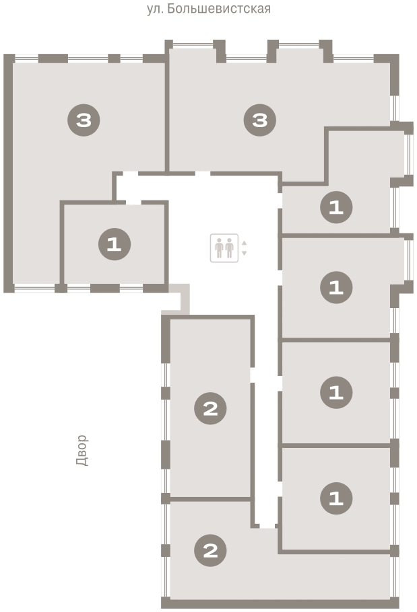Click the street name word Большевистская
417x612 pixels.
219,9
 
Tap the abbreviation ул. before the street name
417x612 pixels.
155,9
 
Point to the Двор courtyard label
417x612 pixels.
82,451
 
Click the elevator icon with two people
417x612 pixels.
224,248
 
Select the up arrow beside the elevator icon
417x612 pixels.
245,243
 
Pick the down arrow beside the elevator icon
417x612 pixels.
245,254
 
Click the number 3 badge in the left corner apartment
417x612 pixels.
84,120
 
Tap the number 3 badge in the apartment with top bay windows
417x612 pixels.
260,120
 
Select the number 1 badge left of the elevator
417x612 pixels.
115,244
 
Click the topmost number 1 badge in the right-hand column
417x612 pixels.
336,207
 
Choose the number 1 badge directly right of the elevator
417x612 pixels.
336,288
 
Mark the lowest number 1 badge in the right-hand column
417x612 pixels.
336,498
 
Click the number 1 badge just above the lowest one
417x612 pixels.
336,392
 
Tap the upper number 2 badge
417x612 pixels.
210,408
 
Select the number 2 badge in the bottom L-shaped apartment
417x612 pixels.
210,550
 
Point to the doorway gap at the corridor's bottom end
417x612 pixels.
267,526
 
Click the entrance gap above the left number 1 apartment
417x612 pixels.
133,202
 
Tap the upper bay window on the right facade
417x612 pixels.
408,154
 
